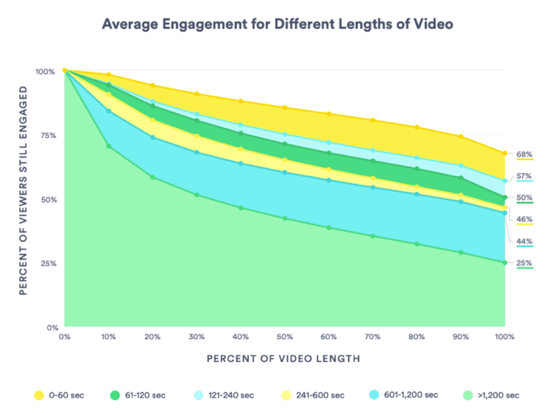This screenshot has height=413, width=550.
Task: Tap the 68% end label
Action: click(x=524, y=154)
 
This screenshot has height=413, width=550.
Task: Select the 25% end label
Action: click(x=524, y=263)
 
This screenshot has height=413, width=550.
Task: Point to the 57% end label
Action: click(x=524, y=176)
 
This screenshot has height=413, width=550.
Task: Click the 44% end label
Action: click(x=524, y=240)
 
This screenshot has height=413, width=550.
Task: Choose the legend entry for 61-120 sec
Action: click(x=141, y=395)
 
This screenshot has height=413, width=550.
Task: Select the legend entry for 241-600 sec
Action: click(x=312, y=395)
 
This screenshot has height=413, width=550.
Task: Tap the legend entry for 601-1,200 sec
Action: click(x=402, y=395)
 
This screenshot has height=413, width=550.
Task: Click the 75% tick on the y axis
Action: click(x=45, y=135)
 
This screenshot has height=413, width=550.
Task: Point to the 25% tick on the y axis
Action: click(x=45, y=263)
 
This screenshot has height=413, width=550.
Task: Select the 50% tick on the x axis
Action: click(x=285, y=336)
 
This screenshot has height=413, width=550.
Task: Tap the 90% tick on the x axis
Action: click(x=461, y=336)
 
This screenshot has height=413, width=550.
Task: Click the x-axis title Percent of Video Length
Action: click(x=284, y=358)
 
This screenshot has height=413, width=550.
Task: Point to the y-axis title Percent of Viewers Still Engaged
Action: click(x=24, y=190)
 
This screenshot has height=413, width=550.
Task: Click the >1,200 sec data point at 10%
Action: click(x=109, y=146)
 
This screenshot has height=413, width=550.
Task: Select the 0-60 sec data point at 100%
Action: click(x=505, y=153)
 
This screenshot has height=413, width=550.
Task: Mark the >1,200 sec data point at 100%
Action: click(x=505, y=263)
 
